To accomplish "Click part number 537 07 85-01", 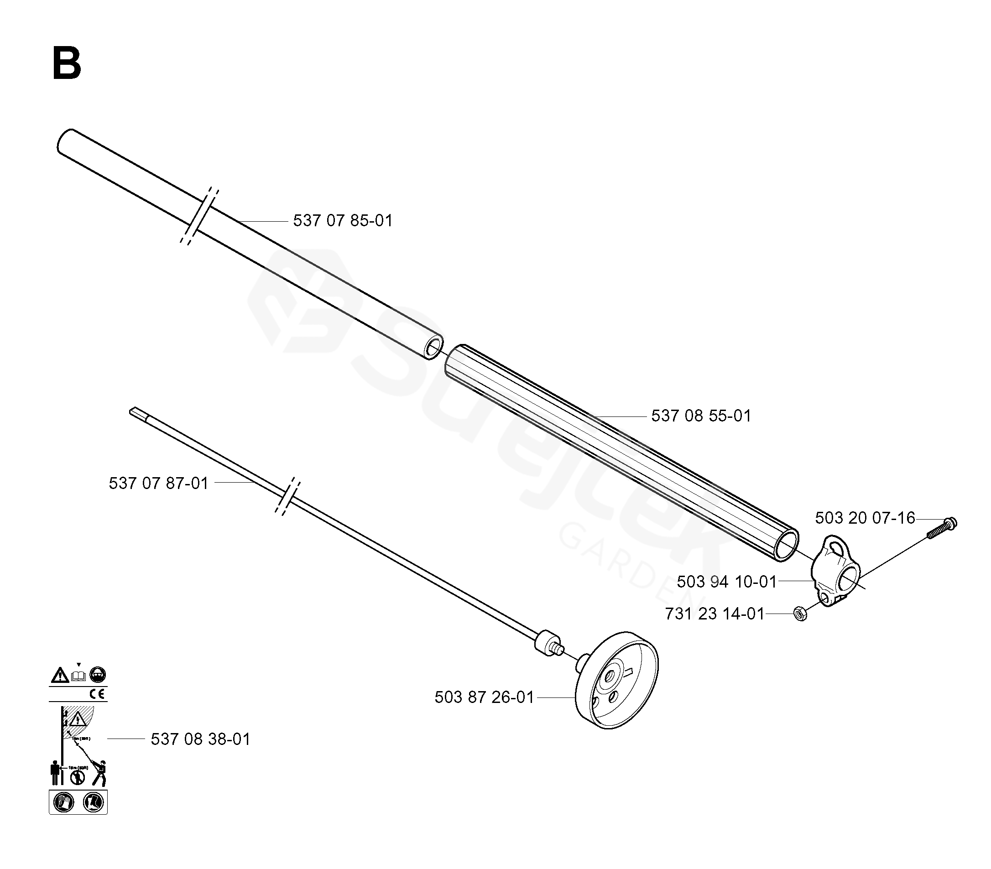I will point(343,221).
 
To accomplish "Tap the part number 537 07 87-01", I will point(158,483).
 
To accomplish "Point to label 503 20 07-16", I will point(865,518).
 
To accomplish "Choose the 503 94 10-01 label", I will point(727,582).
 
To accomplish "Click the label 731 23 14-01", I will point(715,614).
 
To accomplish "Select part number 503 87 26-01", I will point(484,697).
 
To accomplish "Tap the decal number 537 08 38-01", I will point(200,739).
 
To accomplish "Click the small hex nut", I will point(800,614).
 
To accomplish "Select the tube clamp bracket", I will point(835,572).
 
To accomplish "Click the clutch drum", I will point(617,681).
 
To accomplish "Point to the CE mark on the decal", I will point(98,694).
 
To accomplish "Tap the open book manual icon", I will point(78,675).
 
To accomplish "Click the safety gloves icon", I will point(63,802).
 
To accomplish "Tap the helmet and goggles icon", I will point(99,675).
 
